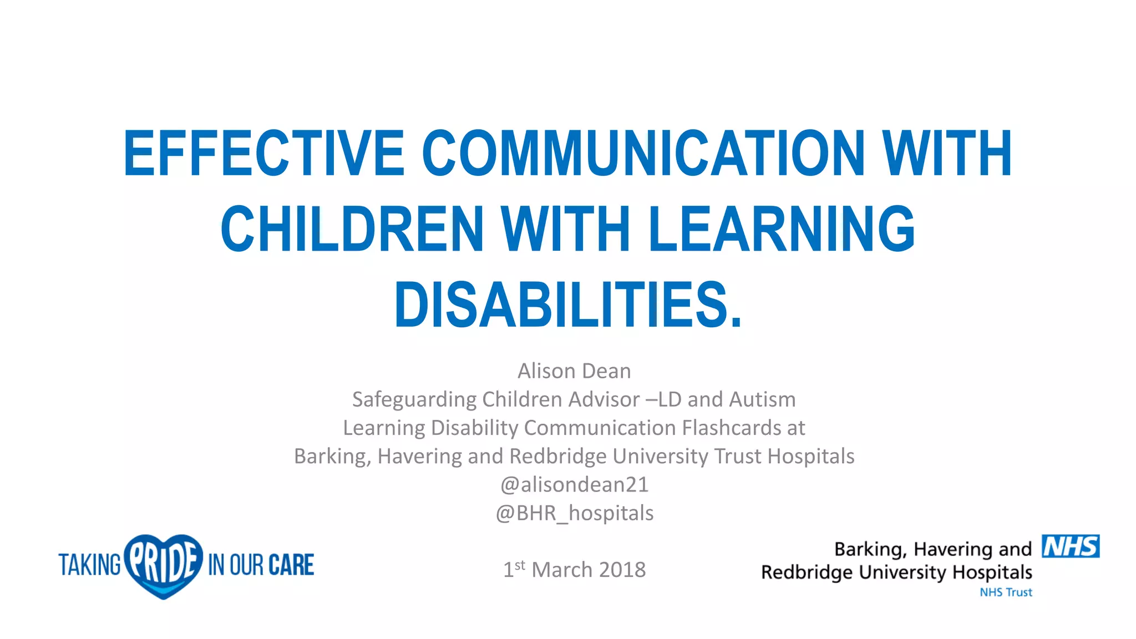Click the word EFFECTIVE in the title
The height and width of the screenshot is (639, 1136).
pos(264,153)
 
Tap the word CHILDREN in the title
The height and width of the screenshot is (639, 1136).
pos(352,229)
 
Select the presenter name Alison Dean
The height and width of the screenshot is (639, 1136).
pos(574,371)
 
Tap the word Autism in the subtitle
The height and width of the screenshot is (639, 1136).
pos(762,399)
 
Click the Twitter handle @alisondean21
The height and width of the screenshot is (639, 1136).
pos(574,485)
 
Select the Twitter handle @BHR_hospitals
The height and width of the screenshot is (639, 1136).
pos(574,513)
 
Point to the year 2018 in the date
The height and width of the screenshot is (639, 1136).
pos(622,570)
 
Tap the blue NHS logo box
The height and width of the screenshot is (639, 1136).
pos(1071,546)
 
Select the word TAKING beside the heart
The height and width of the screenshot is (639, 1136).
pos(89,565)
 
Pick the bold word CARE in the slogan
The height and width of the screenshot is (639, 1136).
pos(291,565)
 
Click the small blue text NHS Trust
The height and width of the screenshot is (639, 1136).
pos(1006,592)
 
